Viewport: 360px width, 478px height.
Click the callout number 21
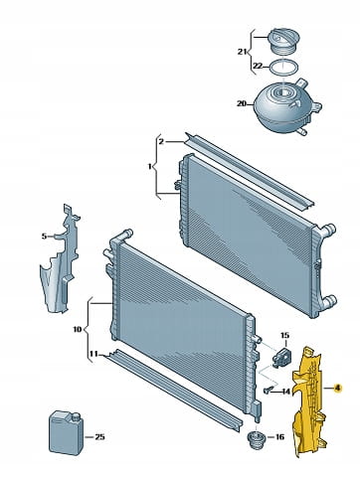[242, 52]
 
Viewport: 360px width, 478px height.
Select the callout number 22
[258, 67]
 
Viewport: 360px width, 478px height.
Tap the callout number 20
[241, 103]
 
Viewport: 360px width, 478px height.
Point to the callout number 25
[99, 437]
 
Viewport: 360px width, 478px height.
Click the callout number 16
[279, 437]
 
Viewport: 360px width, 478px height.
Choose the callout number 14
[285, 392]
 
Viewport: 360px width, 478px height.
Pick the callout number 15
[284, 335]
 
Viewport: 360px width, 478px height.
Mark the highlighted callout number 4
[338, 389]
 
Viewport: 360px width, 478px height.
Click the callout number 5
[45, 237]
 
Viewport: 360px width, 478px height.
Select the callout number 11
[93, 354]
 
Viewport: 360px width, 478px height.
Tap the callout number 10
[77, 329]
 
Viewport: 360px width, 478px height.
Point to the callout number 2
[161, 142]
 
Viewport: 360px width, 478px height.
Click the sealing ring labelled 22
[283, 68]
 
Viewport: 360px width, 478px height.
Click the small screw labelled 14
[270, 390]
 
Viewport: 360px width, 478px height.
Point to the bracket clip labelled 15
[280, 355]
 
